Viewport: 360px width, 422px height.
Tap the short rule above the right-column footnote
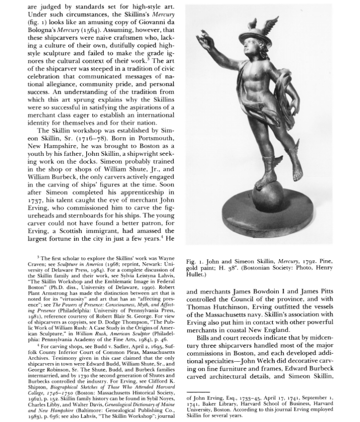click(198, 393)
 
